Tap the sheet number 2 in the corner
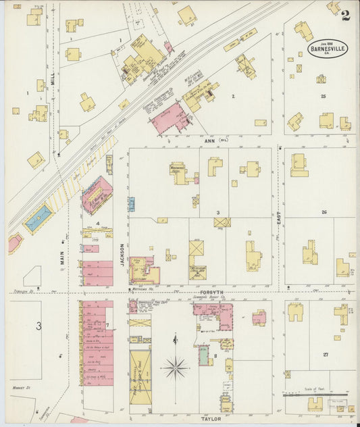345,16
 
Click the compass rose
175,368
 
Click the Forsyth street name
214,292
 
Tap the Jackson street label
122,255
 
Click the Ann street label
208,140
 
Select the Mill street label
59,79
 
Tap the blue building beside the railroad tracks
37,219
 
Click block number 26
324,212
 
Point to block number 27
326,354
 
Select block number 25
323,97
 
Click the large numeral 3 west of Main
38,326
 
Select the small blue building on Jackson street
132,203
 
